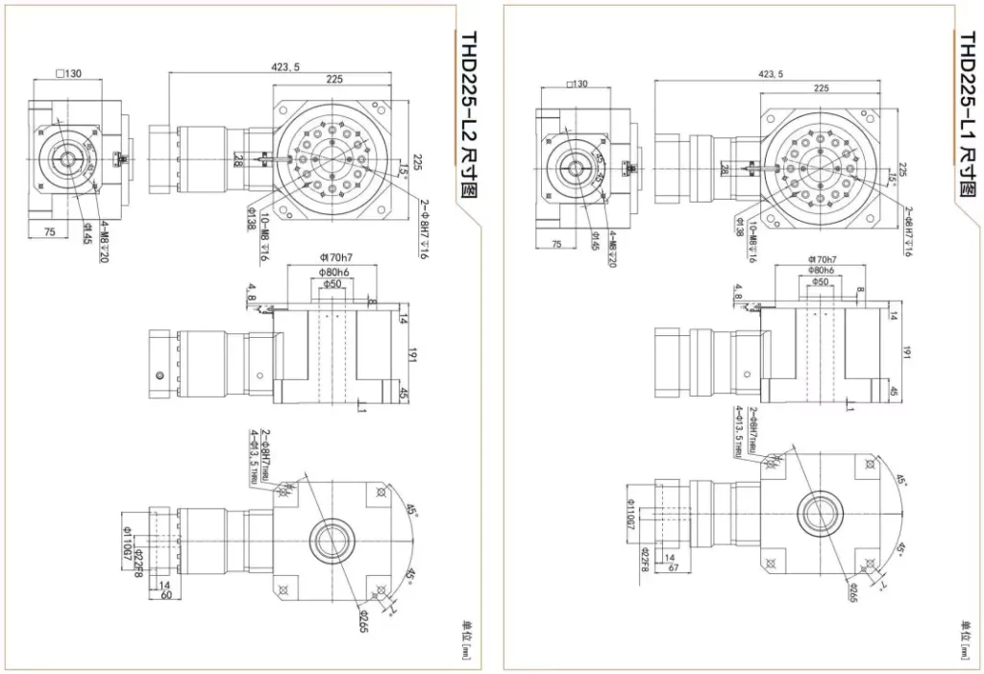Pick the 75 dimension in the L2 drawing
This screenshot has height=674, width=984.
[x=49, y=230]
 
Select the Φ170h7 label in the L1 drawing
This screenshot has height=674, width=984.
[x=822, y=260]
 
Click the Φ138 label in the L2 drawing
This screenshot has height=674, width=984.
[x=249, y=218]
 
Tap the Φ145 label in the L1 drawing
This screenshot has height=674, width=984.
[x=596, y=238]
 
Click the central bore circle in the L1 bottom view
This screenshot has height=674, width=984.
[x=821, y=515]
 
